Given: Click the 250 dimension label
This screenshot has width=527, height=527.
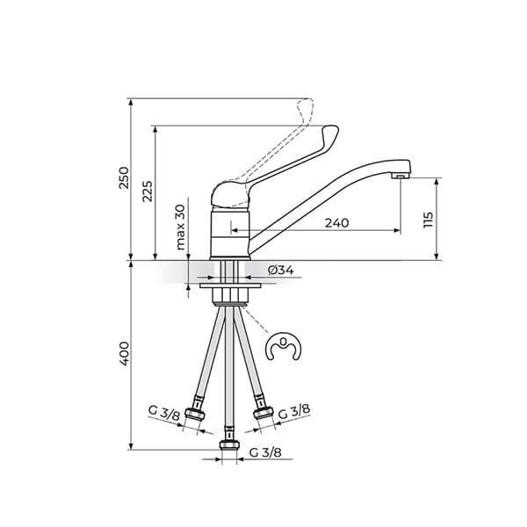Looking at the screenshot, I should point(124,177).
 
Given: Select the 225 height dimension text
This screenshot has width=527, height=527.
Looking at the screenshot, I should point(148,191).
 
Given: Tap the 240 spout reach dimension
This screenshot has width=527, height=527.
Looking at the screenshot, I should point(336,222).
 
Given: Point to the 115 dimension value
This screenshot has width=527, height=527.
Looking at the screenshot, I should point(428,220).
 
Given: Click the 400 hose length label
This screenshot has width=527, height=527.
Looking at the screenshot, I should point(124,353).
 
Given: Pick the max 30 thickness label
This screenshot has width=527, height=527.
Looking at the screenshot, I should point(180,227).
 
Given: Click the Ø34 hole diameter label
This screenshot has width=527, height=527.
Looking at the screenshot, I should point(279,271).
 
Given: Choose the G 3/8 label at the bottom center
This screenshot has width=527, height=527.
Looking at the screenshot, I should point(265,452).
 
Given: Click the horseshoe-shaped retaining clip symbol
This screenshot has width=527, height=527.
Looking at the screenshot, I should point(285,349).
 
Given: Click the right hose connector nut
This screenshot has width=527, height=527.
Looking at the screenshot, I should point(262,410).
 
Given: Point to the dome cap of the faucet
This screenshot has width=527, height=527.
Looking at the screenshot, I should point(230,194).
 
